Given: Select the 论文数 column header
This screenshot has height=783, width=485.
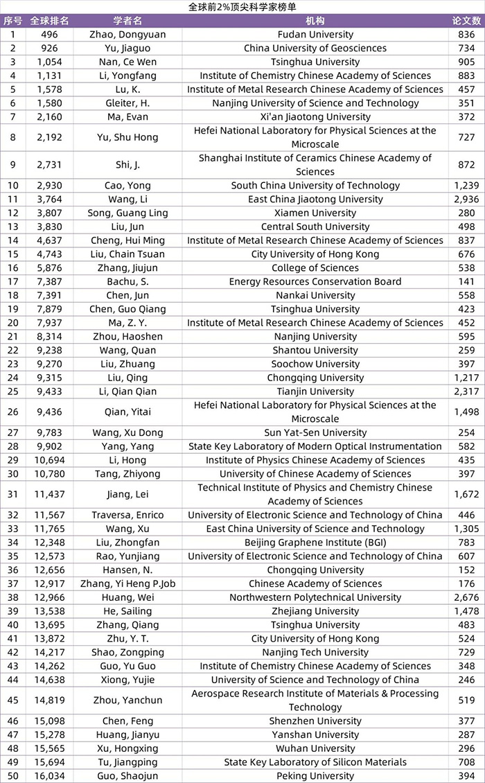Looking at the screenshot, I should pos(466,21).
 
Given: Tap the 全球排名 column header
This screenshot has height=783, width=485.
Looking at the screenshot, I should pos(49,21).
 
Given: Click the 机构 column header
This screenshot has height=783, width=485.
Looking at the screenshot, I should pos(315,21).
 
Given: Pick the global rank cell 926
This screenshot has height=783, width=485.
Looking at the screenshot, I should pos(49,49).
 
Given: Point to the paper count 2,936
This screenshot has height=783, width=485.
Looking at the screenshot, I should pos(466,200).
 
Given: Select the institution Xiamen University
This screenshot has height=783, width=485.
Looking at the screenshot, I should pos(315,213).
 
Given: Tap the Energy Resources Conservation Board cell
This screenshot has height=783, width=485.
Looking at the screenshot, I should pos(315,282).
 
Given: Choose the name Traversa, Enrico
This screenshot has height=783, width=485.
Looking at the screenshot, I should pos(127,516).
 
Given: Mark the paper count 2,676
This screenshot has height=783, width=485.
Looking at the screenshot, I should pos(466,598).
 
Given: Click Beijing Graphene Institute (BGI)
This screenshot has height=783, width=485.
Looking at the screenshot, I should pos(315,543).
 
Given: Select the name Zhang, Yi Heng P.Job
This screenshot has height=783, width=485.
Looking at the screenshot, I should pos(127,584).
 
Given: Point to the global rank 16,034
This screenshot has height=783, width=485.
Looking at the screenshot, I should pos(49,776).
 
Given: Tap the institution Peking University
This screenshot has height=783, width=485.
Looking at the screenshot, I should pos(315,776).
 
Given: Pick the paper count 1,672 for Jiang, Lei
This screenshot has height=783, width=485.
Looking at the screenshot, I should pos(466,495).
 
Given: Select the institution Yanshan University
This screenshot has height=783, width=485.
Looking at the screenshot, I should pos(315,735).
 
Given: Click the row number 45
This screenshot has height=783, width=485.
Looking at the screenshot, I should pos(12,701).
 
